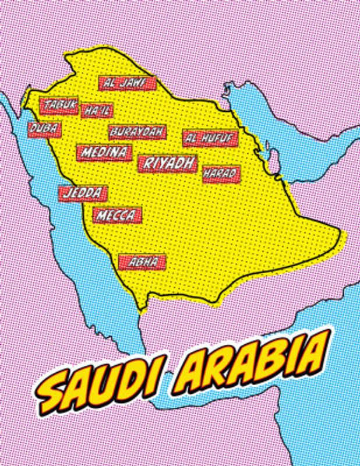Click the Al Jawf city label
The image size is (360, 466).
tap(128, 83)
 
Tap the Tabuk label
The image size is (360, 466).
tap(58, 105)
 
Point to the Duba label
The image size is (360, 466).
tap(44, 128)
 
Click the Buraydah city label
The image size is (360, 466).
tap(137, 132)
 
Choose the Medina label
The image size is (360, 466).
tap(104, 153)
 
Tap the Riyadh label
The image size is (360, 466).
tap(168, 164)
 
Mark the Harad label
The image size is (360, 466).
tap(221, 174)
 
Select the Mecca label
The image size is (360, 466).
tap(117, 216)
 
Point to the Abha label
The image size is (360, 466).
tap(142, 262)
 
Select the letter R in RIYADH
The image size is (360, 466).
tap(147, 164)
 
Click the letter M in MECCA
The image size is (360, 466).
tap(100, 216)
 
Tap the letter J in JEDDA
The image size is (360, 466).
tap(66, 193)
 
